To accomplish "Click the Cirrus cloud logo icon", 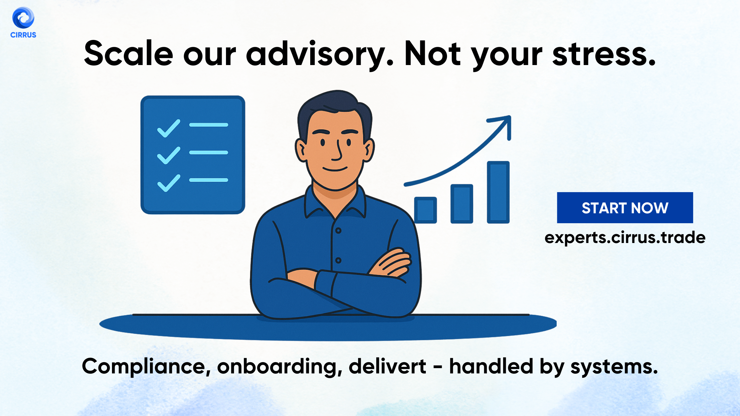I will [23, 18].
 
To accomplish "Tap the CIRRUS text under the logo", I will [23, 35].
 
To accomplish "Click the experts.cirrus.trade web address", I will [625, 238].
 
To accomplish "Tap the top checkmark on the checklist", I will [169, 128].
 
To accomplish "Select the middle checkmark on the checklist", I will [169, 155].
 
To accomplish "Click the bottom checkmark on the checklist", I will [169, 183].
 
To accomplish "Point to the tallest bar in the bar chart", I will [498, 192].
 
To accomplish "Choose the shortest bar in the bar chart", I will [425, 210].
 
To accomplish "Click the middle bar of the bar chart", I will [462, 204].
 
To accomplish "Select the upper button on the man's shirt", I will [338, 230].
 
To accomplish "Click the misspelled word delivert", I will [387, 366].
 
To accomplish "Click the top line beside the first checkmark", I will [208, 125].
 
